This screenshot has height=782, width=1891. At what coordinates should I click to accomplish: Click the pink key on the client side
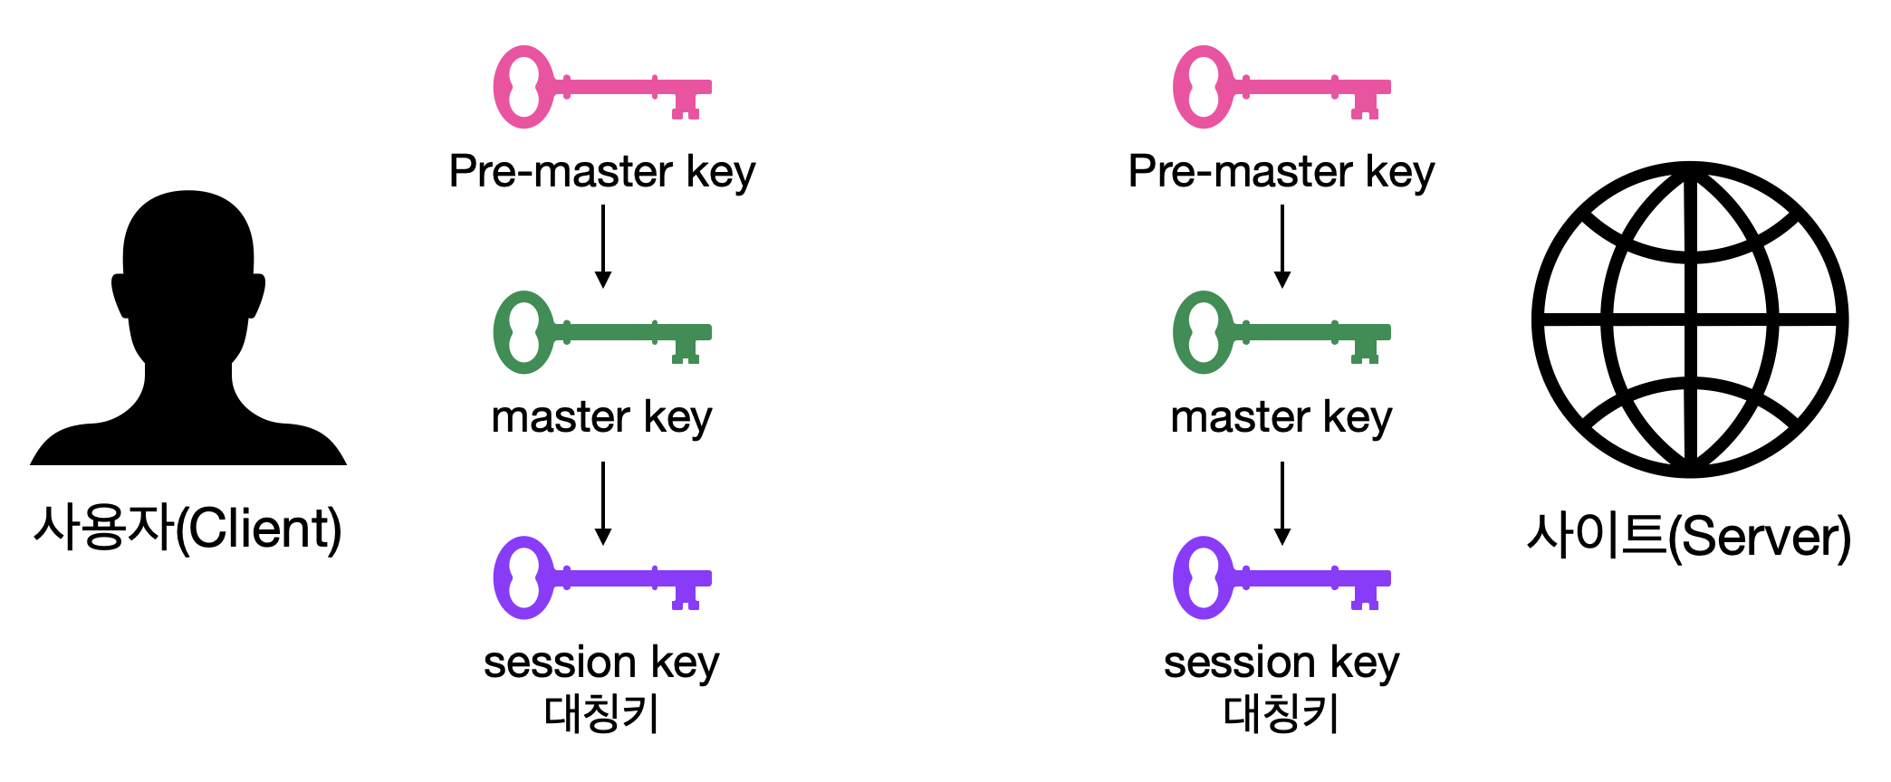click(601, 87)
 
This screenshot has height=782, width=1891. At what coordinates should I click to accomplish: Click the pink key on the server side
click(1281, 87)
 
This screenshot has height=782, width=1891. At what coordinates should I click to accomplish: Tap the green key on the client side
click(601, 332)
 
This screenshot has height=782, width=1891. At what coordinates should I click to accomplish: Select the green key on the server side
click(1281, 332)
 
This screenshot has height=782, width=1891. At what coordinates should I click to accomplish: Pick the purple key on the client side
click(601, 577)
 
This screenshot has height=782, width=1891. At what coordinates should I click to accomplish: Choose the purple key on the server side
click(1281, 577)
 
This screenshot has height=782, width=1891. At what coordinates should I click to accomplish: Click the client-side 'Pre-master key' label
click(601, 171)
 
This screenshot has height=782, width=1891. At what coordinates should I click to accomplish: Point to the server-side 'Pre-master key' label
click(1281, 171)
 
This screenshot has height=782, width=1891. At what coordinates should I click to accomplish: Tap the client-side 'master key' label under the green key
click(601, 417)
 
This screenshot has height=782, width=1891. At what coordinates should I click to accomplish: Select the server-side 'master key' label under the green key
click(1281, 417)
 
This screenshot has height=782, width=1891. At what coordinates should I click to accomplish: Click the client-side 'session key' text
click(601, 663)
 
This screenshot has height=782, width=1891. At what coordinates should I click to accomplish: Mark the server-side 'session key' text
click(1281, 663)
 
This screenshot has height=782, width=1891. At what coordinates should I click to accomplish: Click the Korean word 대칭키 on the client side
click(601, 713)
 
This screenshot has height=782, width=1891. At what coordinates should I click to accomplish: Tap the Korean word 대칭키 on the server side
click(1281, 713)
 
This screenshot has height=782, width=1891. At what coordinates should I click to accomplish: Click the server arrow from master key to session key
click(1282, 503)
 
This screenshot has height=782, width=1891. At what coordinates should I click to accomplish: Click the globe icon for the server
click(1690, 319)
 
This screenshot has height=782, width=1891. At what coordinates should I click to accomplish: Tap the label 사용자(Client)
click(187, 529)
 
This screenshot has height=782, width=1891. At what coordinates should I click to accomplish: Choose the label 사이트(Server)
click(1689, 536)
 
